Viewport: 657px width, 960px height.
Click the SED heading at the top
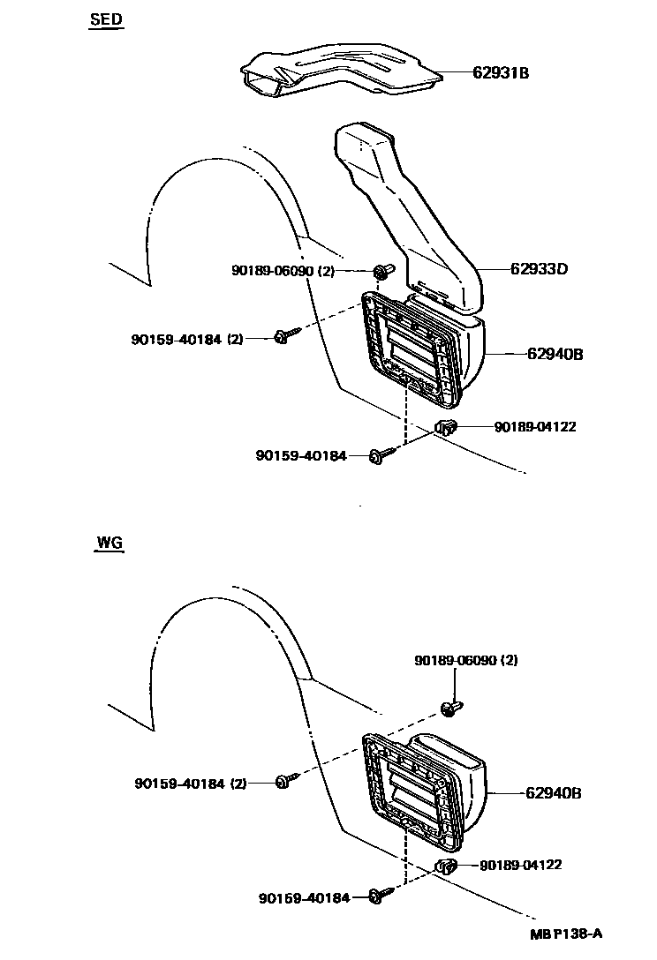pyautogui.click(x=106, y=19)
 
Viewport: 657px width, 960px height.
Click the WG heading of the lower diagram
pyautogui.click(x=109, y=543)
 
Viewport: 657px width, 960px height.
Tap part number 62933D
pyautogui.click(x=537, y=269)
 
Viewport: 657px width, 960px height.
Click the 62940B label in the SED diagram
pyautogui.click(x=555, y=355)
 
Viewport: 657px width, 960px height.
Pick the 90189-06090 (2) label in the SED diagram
pyautogui.click(x=283, y=272)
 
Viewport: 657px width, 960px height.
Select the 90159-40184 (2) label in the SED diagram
pyautogui.click(x=186, y=338)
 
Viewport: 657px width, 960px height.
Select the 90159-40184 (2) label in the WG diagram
pyautogui.click(x=191, y=783)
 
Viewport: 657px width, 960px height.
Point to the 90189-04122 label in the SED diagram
pyautogui.click(x=535, y=427)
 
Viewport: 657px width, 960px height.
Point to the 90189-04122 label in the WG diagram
pyautogui.click(x=521, y=866)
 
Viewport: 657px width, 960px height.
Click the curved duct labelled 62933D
pyautogui.click(x=406, y=221)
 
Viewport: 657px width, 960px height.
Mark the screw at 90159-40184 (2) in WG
pyautogui.click(x=283, y=781)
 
